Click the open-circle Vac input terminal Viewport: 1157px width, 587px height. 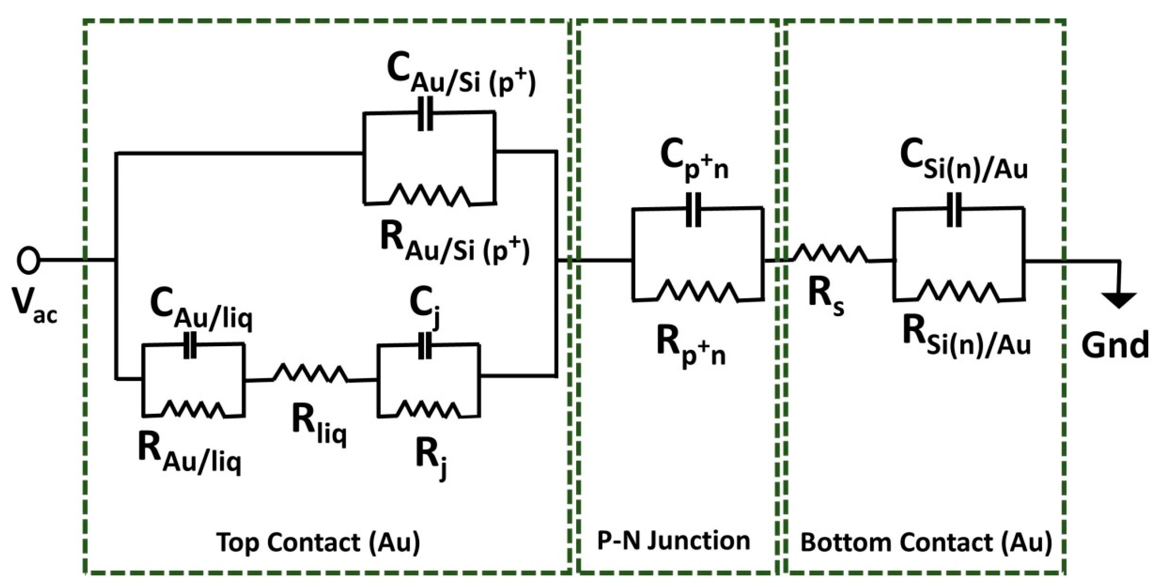point(28,260)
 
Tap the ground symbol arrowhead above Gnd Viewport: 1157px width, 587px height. point(1119,300)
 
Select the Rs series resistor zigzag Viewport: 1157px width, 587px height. point(830,254)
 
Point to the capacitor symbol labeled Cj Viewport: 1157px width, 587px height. point(424,346)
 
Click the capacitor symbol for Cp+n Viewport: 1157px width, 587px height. point(693,210)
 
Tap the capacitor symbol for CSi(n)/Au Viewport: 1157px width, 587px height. point(953,209)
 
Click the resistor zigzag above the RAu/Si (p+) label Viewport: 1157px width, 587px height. point(430,195)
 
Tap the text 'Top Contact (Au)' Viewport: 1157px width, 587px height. point(319,543)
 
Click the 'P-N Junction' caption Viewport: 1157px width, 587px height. point(673,541)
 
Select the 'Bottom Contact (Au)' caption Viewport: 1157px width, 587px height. point(926,543)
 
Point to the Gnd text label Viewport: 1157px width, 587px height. point(1114,345)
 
